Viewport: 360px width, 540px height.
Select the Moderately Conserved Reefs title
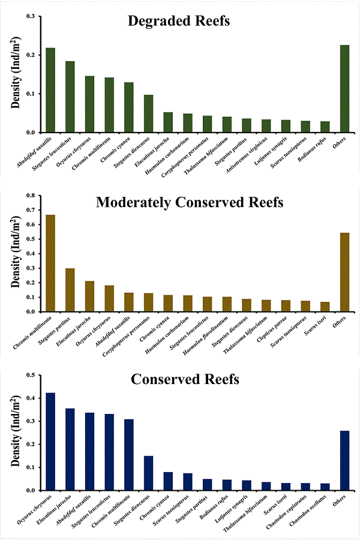(x=190, y=202)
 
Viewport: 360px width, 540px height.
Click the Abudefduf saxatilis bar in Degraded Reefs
(x=50, y=90)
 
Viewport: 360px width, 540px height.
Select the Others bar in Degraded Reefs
(x=344, y=89)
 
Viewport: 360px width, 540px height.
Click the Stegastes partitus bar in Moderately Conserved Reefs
(x=70, y=290)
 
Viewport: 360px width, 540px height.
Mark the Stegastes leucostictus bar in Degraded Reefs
(x=70, y=97)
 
